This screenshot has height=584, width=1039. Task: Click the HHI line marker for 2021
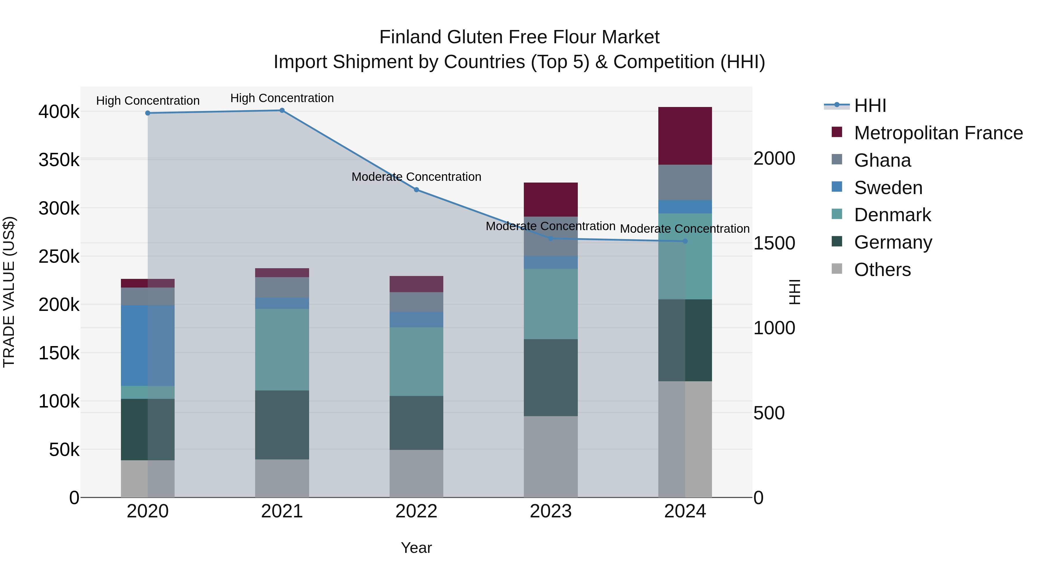(282, 110)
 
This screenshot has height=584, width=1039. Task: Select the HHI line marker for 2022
(416, 190)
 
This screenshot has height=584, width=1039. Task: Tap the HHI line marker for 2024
(685, 241)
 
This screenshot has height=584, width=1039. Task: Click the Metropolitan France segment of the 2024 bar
(685, 136)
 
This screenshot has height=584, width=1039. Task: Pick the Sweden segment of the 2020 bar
(147, 345)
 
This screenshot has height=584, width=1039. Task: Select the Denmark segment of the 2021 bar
(282, 350)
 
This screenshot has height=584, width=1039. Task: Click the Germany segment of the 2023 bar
(551, 377)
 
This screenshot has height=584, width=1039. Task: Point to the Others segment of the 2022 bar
(416, 473)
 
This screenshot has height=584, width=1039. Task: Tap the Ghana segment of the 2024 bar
(685, 182)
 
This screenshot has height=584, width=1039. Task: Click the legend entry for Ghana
(882, 160)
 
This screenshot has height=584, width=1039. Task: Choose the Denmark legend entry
(892, 215)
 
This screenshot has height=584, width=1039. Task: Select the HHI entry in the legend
(870, 106)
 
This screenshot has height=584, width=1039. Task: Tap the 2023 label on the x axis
(551, 511)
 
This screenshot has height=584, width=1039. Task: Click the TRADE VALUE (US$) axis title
(9, 292)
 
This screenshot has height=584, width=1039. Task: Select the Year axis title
(416, 548)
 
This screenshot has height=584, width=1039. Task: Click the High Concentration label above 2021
(282, 98)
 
